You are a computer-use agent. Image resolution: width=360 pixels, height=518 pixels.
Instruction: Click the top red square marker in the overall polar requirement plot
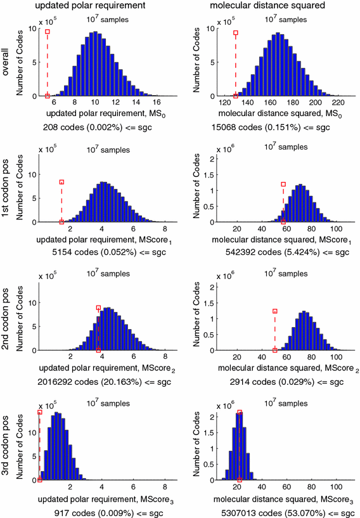pos(48,31)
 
